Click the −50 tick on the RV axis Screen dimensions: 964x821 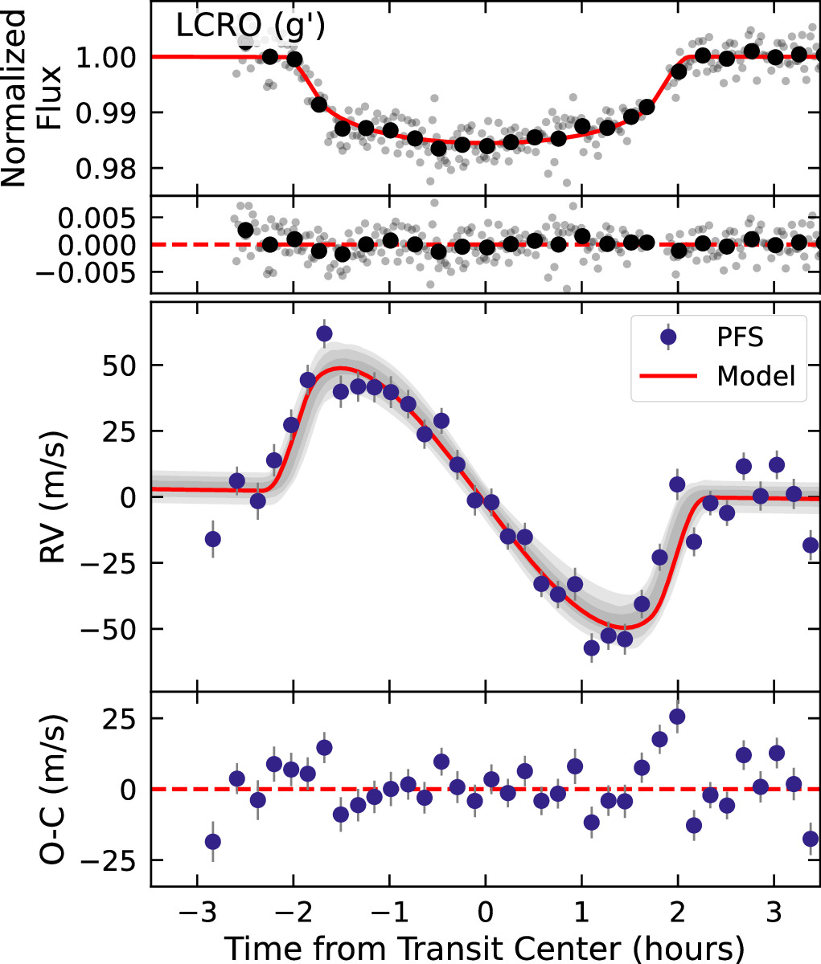114,629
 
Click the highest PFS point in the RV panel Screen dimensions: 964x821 324,333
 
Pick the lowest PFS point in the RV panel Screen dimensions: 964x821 592,647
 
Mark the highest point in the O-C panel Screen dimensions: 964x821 677,717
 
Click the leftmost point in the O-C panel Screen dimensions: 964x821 213,842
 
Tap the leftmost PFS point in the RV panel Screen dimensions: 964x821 213,539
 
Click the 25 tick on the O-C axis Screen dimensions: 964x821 125,718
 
